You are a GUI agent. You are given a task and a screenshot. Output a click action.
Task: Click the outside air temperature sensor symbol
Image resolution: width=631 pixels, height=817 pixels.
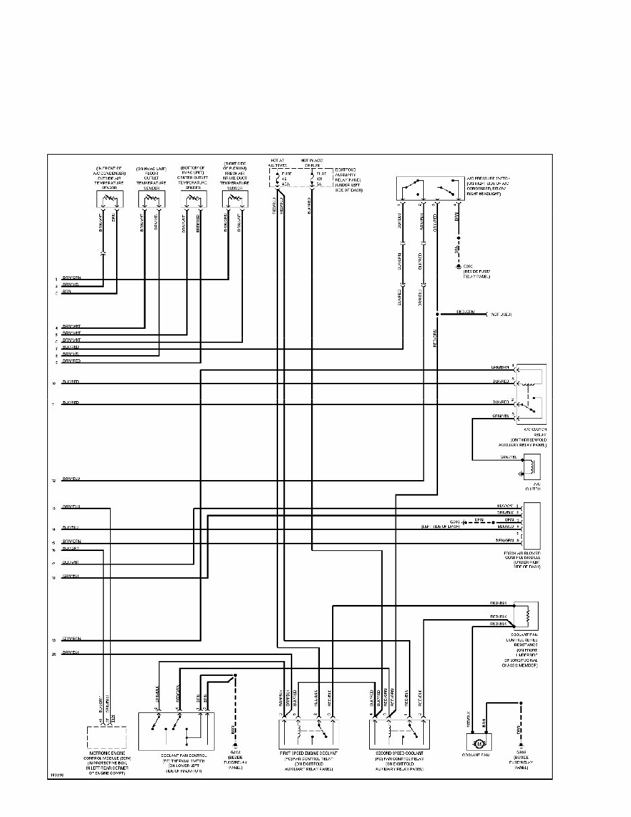(x=109, y=199)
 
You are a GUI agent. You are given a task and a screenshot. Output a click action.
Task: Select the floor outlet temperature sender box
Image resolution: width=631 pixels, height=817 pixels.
(x=151, y=199)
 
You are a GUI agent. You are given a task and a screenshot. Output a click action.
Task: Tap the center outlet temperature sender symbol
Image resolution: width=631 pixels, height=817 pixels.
(x=193, y=199)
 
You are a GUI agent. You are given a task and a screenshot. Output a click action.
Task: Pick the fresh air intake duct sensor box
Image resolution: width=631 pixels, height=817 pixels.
(x=235, y=199)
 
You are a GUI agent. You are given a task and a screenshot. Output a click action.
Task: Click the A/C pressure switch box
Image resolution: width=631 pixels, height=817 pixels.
(x=429, y=188)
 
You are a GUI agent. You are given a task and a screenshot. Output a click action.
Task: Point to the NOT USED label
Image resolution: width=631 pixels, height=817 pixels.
(x=499, y=315)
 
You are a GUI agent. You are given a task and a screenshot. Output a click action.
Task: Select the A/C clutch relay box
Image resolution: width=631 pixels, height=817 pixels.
(x=531, y=393)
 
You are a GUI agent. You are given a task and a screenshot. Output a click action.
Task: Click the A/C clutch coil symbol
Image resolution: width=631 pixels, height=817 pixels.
(x=533, y=465)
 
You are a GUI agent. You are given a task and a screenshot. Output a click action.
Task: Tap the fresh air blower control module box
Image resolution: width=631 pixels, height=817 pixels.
(x=531, y=525)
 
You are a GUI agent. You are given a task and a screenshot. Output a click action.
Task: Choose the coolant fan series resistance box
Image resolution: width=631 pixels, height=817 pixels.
(x=526, y=615)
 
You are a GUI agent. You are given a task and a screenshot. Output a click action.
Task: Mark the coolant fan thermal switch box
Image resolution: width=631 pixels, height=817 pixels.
(x=176, y=731)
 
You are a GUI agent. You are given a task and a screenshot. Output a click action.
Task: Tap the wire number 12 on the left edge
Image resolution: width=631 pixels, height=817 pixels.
(x=53, y=480)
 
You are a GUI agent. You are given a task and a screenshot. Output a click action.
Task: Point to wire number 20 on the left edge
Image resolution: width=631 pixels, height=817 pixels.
(x=53, y=654)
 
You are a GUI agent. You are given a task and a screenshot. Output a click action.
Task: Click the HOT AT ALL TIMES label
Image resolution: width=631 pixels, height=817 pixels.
(x=278, y=163)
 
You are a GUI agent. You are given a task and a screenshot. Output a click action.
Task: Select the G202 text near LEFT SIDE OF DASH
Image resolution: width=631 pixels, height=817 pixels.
(x=456, y=522)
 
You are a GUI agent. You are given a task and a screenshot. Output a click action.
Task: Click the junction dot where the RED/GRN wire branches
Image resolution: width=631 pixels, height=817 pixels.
(x=437, y=315)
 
